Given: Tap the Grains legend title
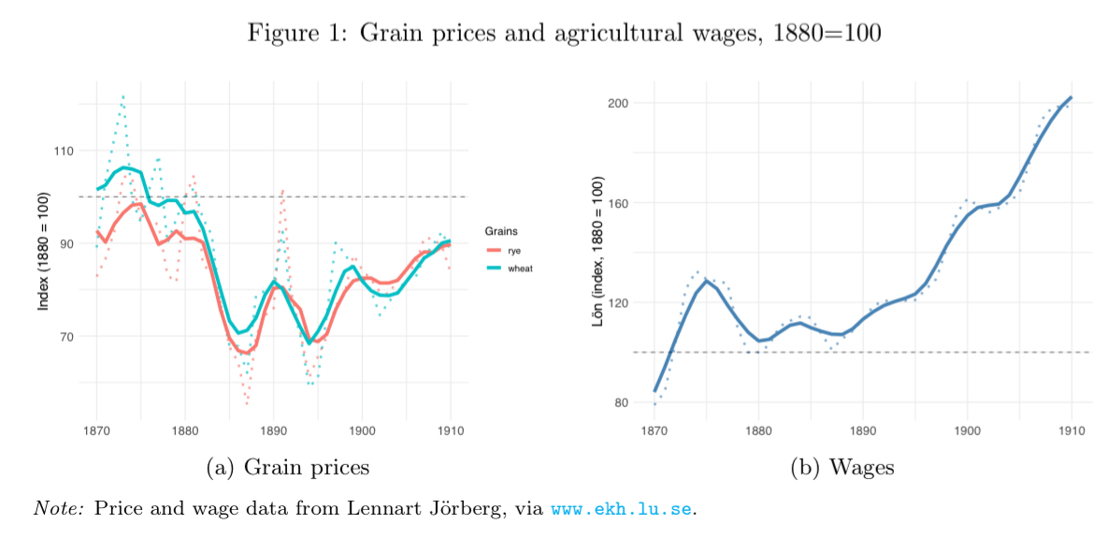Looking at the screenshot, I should click(501, 231).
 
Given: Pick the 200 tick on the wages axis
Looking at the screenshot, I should click(616, 103).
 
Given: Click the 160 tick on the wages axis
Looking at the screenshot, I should click(616, 203).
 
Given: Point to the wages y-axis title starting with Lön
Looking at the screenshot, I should click(597, 250).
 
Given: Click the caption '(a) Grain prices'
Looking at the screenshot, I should click(287, 467).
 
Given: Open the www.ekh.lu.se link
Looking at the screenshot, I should click(622, 509).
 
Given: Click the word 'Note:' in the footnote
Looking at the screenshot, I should click(59, 508).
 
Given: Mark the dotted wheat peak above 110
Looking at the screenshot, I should click(122, 96).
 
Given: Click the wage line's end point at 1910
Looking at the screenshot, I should click(1071, 97).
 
